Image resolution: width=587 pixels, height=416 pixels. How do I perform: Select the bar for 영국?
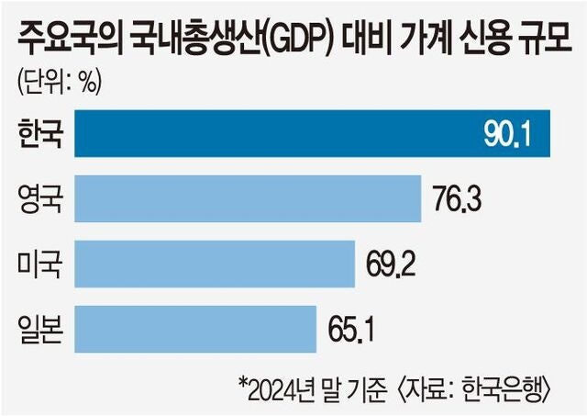tap(248, 198)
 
